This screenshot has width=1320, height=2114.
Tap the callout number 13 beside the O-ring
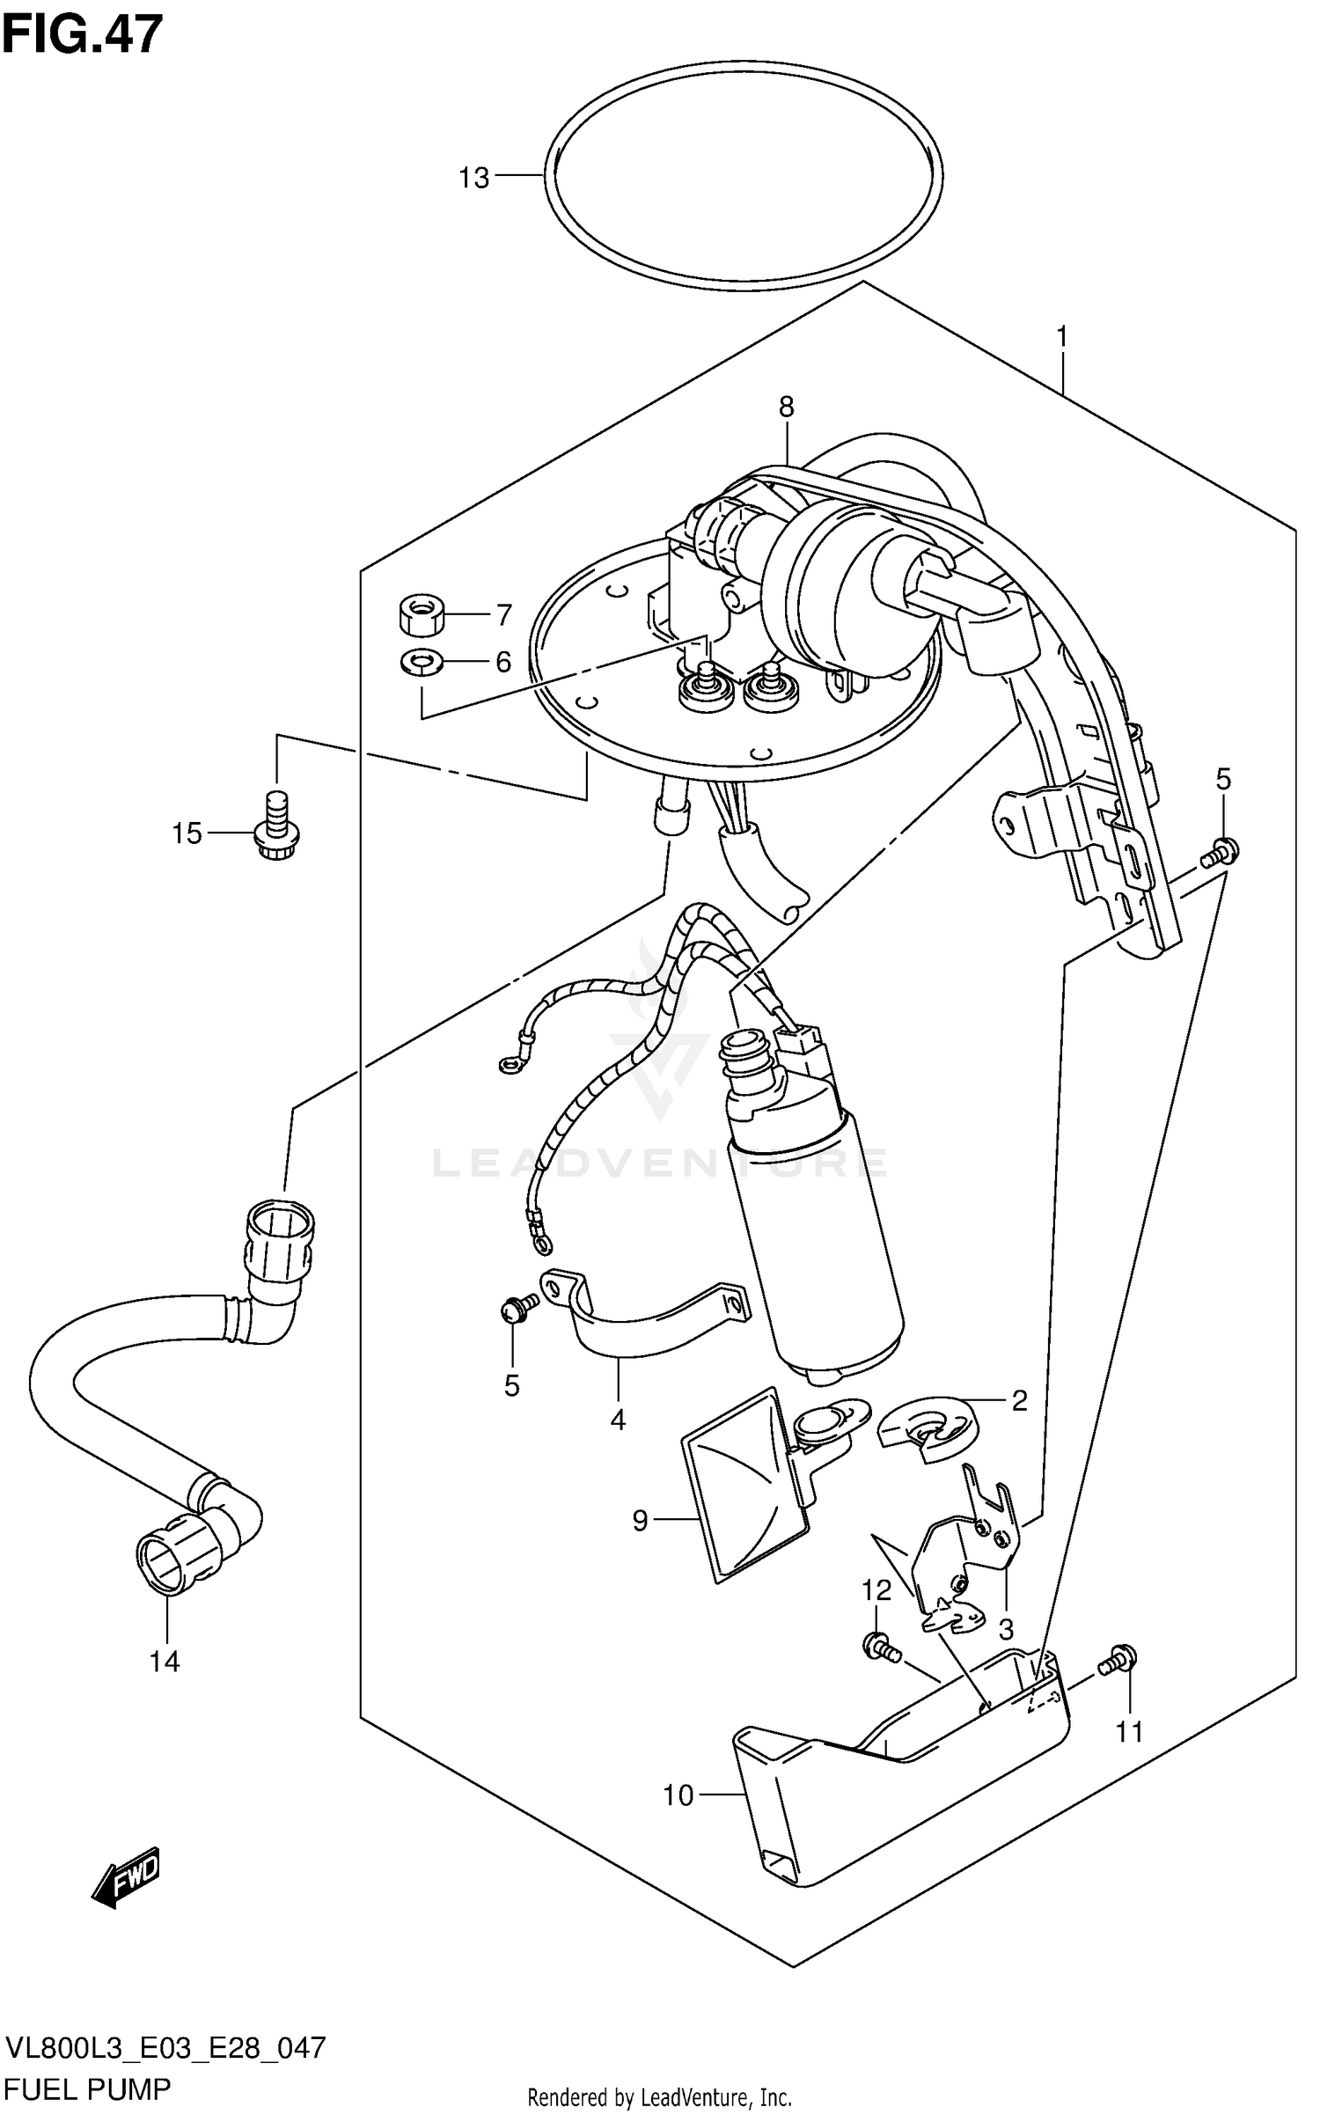pyautogui.click(x=473, y=179)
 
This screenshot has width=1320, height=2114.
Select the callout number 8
pyautogui.click(x=786, y=407)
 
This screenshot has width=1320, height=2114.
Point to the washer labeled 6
pyautogui.click(x=422, y=661)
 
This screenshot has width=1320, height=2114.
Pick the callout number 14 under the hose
pyautogui.click(x=165, y=1662)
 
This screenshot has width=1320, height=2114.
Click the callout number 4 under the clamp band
pyautogui.click(x=618, y=1420)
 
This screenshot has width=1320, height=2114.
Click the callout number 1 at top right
pyautogui.click(x=1062, y=336)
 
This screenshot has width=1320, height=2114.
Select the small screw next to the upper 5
pyautogui.click(x=1220, y=850)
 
